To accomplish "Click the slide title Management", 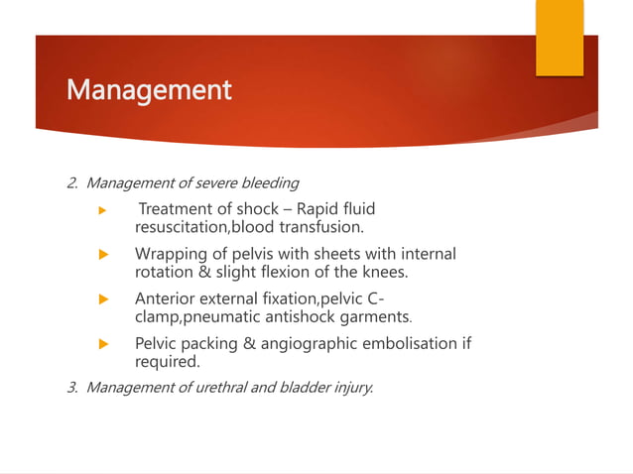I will click(x=149, y=91).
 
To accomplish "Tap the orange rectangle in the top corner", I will click(x=560, y=38).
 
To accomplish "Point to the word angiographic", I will click(x=316, y=343).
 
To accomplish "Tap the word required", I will click(x=167, y=362).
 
